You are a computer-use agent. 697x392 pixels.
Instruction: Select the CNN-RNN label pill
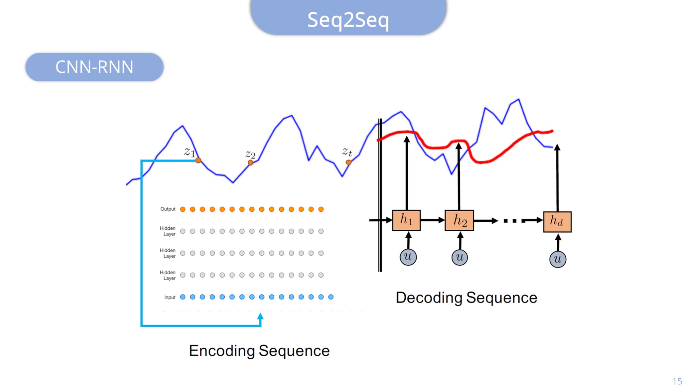pyautogui.click(x=94, y=67)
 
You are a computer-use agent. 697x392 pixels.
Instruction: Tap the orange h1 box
pyautogui.click(x=406, y=220)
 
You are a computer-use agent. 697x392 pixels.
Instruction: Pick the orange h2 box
pyautogui.click(x=459, y=220)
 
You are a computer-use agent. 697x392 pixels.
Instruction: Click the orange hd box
pyautogui.click(x=557, y=222)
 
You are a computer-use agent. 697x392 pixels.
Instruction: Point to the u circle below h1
pyautogui.click(x=408, y=257)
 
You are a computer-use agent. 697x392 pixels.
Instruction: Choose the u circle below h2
pyautogui.click(x=459, y=257)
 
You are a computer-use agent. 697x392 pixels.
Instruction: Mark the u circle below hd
pyautogui.click(x=558, y=259)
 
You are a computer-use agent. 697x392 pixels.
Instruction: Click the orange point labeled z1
pyautogui.click(x=198, y=160)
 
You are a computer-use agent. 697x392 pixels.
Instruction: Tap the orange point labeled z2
pyautogui.click(x=250, y=163)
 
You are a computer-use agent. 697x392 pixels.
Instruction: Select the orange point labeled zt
pyautogui.click(x=348, y=162)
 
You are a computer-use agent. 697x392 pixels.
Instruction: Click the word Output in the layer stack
pyautogui.click(x=168, y=209)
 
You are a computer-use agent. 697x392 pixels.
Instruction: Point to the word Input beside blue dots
pyautogui.click(x=170, y=297)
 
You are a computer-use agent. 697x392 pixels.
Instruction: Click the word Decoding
pyautogui.click(x=429, y=298)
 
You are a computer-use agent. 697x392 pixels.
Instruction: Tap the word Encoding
pyautogui.click(x=222, y=351)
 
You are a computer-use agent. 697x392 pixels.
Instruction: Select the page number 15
pyautogui.click(x=677, y=381)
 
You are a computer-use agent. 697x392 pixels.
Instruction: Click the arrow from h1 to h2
pyautogui.click(x=433, y=220)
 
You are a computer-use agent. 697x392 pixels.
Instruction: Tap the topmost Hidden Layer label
pyautogui.click(x=168, y=231)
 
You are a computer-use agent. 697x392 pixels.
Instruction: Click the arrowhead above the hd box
pyautogui.click(x=557, y=147)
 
